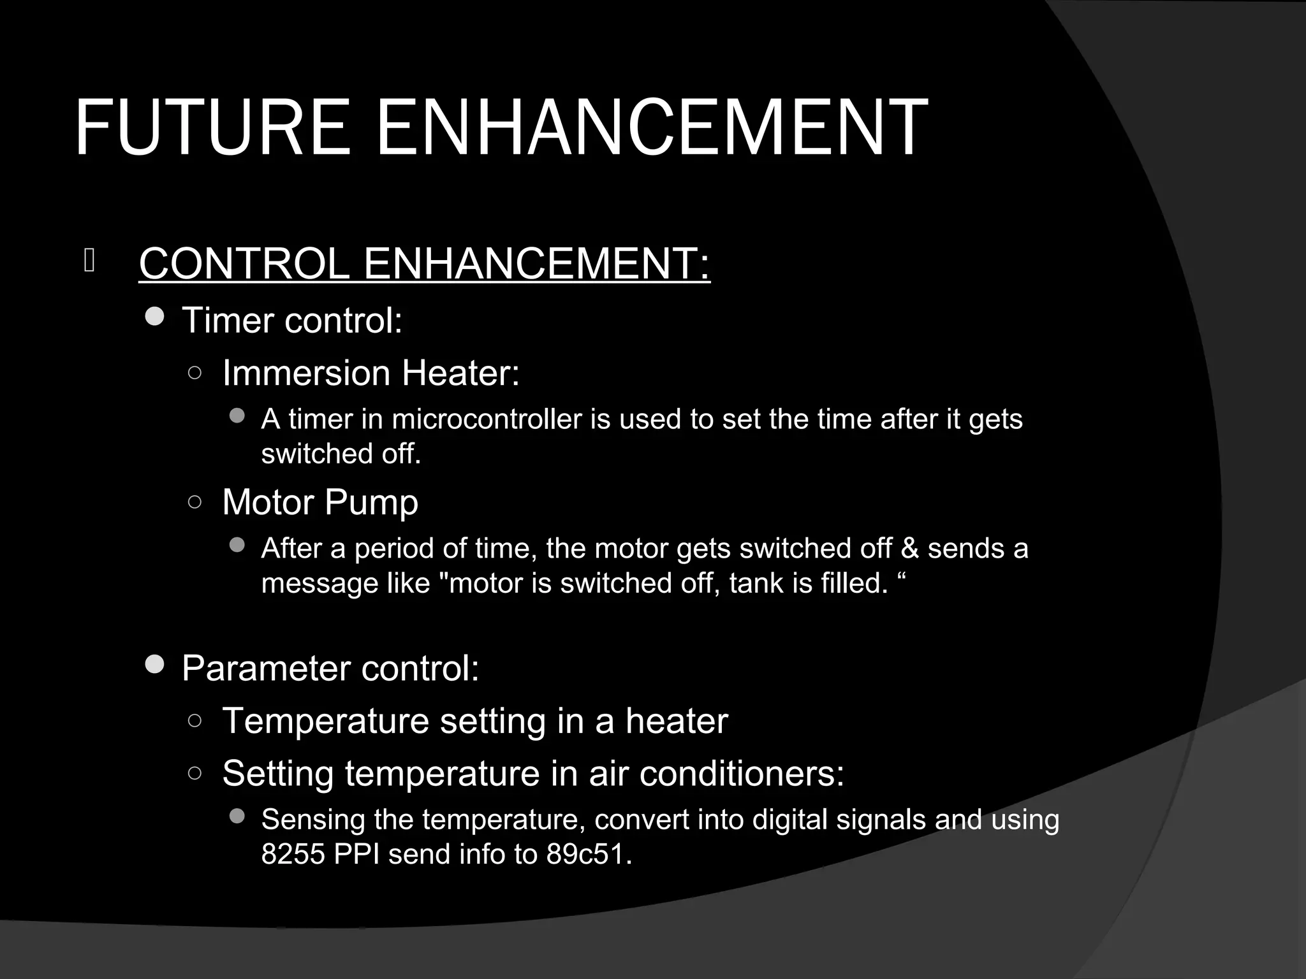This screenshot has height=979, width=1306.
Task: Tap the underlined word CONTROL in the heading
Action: (x=244, y=263)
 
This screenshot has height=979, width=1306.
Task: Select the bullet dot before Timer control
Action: (x=155, y=317)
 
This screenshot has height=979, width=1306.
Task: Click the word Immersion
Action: (x=306, y=373)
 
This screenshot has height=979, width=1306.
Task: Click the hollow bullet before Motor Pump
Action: (x=195, y=502)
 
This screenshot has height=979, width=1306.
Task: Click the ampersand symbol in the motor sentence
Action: (x=910, y=549)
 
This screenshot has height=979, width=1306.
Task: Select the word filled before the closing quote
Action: (x=854, y=583)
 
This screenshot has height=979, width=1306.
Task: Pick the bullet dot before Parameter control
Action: (x=155, y=665)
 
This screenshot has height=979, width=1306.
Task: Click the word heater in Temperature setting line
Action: (x=676, y=722)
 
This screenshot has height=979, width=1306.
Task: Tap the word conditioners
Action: (x=742, y=774)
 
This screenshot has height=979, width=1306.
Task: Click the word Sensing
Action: (x=312, y=820)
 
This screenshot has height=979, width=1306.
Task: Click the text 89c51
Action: (x=588, y=855)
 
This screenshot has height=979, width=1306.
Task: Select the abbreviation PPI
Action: (x=356, y=855)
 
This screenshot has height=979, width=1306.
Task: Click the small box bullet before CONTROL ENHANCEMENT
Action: (x=89, y=261)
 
